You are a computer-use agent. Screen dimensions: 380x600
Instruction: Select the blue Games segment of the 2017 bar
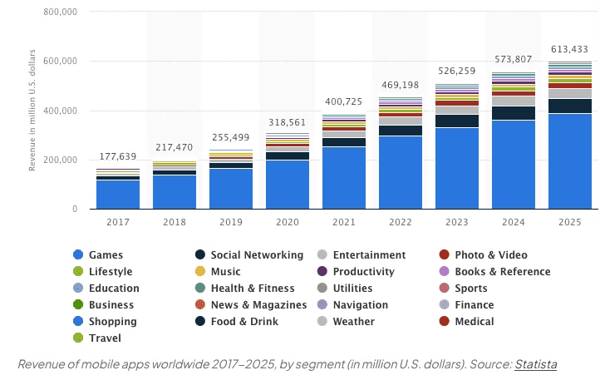click(118, 195)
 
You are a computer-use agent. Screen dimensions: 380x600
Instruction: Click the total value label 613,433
click(570, 48)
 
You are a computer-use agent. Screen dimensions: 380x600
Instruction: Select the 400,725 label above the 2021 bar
click(344, 101)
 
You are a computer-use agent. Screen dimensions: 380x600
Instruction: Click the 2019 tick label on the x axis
click(231, 222)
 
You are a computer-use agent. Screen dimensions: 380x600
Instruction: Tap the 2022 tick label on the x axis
click(401, 222)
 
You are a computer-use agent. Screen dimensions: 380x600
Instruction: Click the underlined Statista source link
click(535, 364)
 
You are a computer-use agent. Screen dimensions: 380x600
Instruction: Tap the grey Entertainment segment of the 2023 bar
click(457, 110)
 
